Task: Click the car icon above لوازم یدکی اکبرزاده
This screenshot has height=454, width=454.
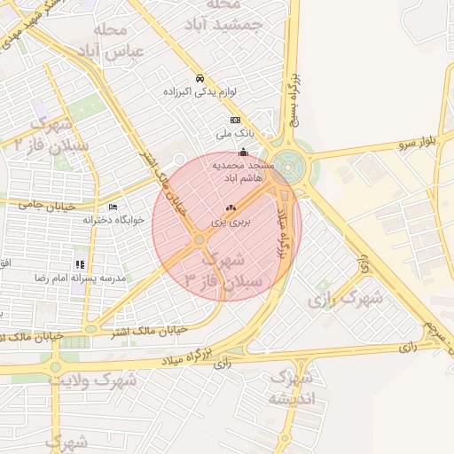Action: tap(200, 78)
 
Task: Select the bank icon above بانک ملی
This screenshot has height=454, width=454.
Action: tap(235, 121)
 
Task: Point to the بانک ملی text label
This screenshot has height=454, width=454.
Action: tap(235, 134)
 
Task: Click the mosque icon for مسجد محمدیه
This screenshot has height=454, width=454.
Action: tap(244, 153)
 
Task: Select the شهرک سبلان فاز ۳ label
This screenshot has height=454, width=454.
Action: tap(222, 270)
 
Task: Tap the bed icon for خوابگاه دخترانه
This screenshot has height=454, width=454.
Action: tap(112, 207)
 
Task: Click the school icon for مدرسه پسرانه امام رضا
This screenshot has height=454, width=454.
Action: tap(81, 264)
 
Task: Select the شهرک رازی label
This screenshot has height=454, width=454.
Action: tap(345, 300)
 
